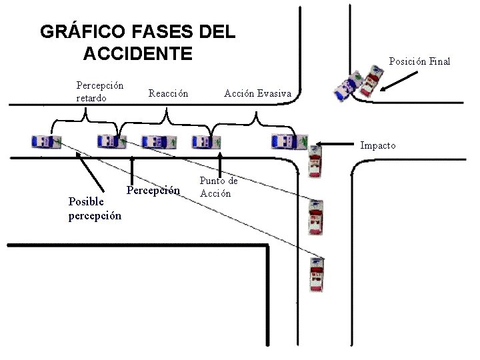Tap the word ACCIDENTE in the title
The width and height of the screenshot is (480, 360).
coord(137,53)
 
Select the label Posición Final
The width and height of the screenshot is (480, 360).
coord(419,61)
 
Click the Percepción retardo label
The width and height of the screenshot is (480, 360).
coord(99,92)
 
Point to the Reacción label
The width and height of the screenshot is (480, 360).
coord(168,93)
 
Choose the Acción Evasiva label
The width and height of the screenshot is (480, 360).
coord(257,93)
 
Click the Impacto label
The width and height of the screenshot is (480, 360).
coord(378,145)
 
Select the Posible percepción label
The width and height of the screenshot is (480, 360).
coord(95,209)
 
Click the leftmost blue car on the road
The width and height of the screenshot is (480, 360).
coord(46,141)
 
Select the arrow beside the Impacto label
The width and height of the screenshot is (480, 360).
coord(337,143)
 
